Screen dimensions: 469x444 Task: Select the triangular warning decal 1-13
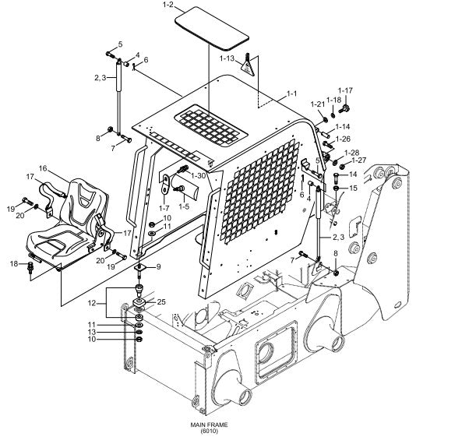248,65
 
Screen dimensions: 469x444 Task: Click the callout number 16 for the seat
43,168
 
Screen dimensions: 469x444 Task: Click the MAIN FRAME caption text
209,425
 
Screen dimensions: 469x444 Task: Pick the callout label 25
161,302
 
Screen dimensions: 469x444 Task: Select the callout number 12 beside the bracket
92,303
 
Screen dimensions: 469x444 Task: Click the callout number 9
158,266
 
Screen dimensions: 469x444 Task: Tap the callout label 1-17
345,90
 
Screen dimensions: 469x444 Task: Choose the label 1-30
199,176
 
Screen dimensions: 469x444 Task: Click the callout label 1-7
164,207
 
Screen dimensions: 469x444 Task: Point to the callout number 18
14,264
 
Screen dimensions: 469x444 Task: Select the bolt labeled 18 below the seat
30,267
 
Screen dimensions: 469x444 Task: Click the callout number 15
353,188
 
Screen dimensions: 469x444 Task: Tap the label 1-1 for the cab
291,93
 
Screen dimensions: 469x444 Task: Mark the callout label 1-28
352,153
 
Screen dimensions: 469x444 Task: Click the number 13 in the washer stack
92,332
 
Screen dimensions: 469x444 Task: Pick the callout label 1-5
184,206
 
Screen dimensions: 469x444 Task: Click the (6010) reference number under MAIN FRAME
209,431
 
